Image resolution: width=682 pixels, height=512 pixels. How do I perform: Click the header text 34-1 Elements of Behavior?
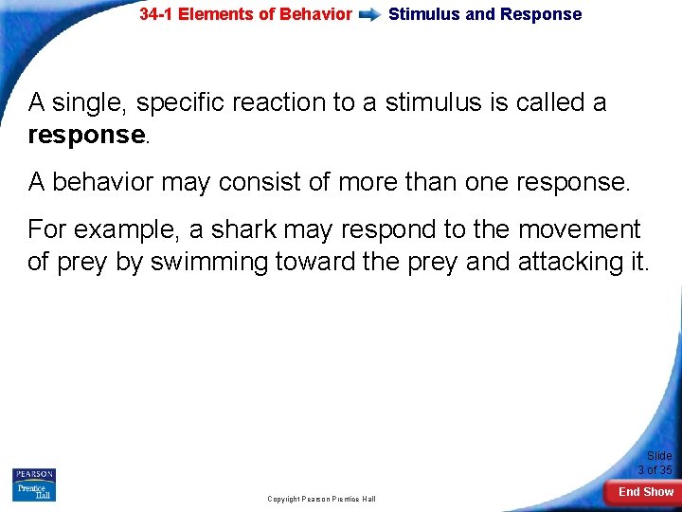coord(245,14)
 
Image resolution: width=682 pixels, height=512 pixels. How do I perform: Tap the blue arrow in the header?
coord(370,15)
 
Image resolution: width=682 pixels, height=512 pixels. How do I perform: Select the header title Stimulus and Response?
coord(485,14)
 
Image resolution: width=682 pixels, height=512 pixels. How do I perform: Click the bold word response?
coord(86,135)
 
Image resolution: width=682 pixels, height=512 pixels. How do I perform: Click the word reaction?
coord(282,102)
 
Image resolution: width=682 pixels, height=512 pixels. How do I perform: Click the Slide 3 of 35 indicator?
coord(655,463)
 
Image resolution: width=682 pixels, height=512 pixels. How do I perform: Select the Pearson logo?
coord(34,474)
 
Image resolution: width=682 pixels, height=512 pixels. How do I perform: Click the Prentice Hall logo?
coord(34,492)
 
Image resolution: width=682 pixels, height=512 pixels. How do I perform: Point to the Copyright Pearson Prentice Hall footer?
coord(321,499)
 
